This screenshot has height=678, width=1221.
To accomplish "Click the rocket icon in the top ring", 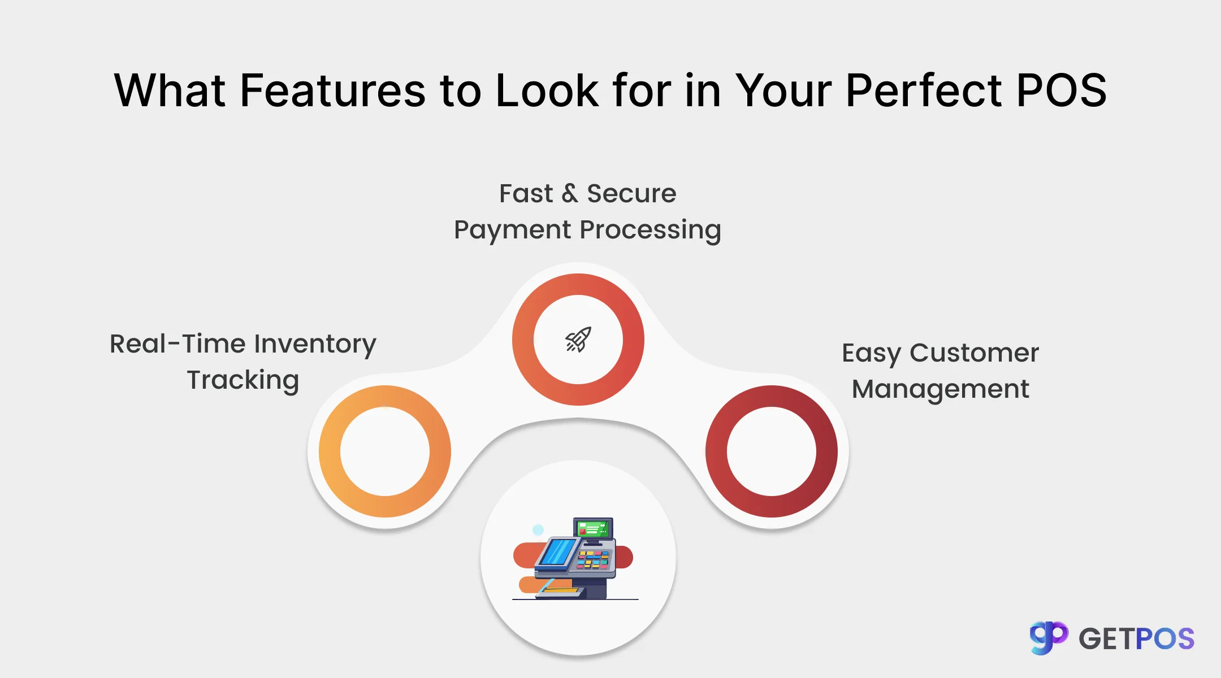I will [x=578, y=340].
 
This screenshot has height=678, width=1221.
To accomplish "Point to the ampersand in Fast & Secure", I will [x=570, y=193].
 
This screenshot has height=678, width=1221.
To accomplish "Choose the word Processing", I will [x=651, y=230].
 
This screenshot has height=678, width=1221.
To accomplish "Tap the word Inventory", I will [x=315, y=344].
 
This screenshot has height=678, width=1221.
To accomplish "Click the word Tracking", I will [x=243, y=380].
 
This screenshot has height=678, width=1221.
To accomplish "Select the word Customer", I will [x=974, y=353].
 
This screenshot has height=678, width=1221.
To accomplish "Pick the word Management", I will [x=941, y=389].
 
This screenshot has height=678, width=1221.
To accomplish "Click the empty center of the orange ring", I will [x=385, y=451].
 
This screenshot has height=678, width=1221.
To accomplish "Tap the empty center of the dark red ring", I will [x=772, y=451].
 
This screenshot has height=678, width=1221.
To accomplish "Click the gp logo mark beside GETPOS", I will [x=1048, y=638].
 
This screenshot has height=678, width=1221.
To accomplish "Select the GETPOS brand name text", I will [x=1136, y=639].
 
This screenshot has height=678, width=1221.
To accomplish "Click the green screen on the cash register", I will [x=592, y=529].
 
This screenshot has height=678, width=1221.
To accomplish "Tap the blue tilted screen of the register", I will [x=558, y=551].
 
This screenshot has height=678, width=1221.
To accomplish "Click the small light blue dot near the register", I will [x=538, y=530].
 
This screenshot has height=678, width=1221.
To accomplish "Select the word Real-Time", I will [x=177, y=344].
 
